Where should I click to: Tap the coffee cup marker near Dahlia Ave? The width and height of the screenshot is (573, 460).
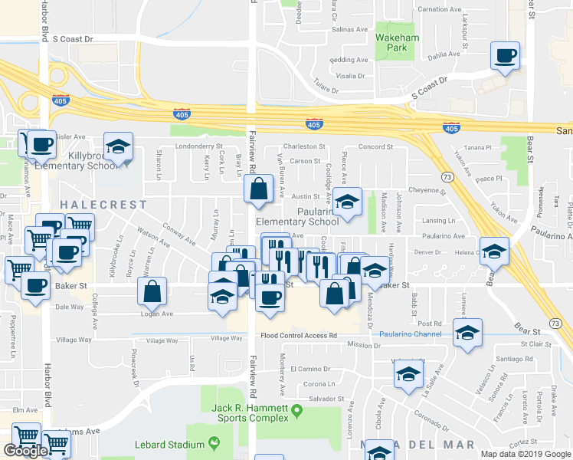tap(506, 57)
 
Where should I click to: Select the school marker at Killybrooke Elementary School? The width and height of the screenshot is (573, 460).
tap(119, 147)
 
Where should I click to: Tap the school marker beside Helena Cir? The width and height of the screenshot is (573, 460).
tap(494, 252)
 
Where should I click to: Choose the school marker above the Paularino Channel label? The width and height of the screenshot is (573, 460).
tap(467, 333)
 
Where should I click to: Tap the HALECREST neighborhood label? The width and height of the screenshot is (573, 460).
tap(103, 205)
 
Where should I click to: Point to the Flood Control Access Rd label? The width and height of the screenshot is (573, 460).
tap(299, 335)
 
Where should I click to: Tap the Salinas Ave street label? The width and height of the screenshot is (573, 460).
tap(351, 30)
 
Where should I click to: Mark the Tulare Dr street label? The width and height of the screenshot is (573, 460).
tap(326, 90)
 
